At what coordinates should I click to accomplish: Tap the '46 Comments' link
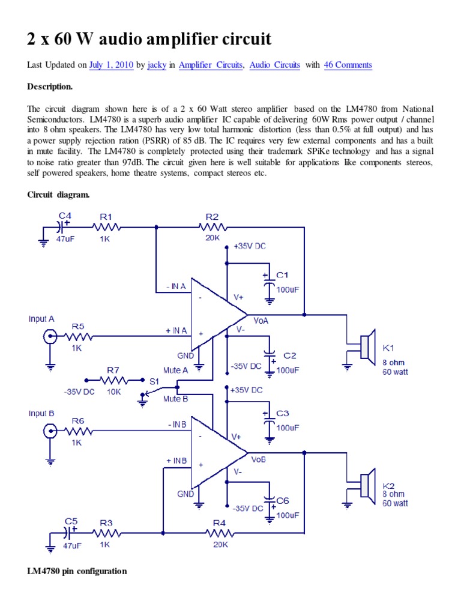click(x=348, y=65)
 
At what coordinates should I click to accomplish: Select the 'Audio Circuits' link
click(x=274, y=65)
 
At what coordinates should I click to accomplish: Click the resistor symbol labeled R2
click(x=212, y=227)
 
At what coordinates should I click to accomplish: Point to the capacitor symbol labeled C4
click(x=62, y=227)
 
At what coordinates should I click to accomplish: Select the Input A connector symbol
click(x=49, y=337)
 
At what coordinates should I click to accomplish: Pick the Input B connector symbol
click(x=49, y=430)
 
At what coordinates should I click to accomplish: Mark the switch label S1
click(x=154, y=381)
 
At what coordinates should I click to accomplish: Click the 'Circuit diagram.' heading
click(x=58, y=195)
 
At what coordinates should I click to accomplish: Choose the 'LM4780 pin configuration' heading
click(x=77, y=571)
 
